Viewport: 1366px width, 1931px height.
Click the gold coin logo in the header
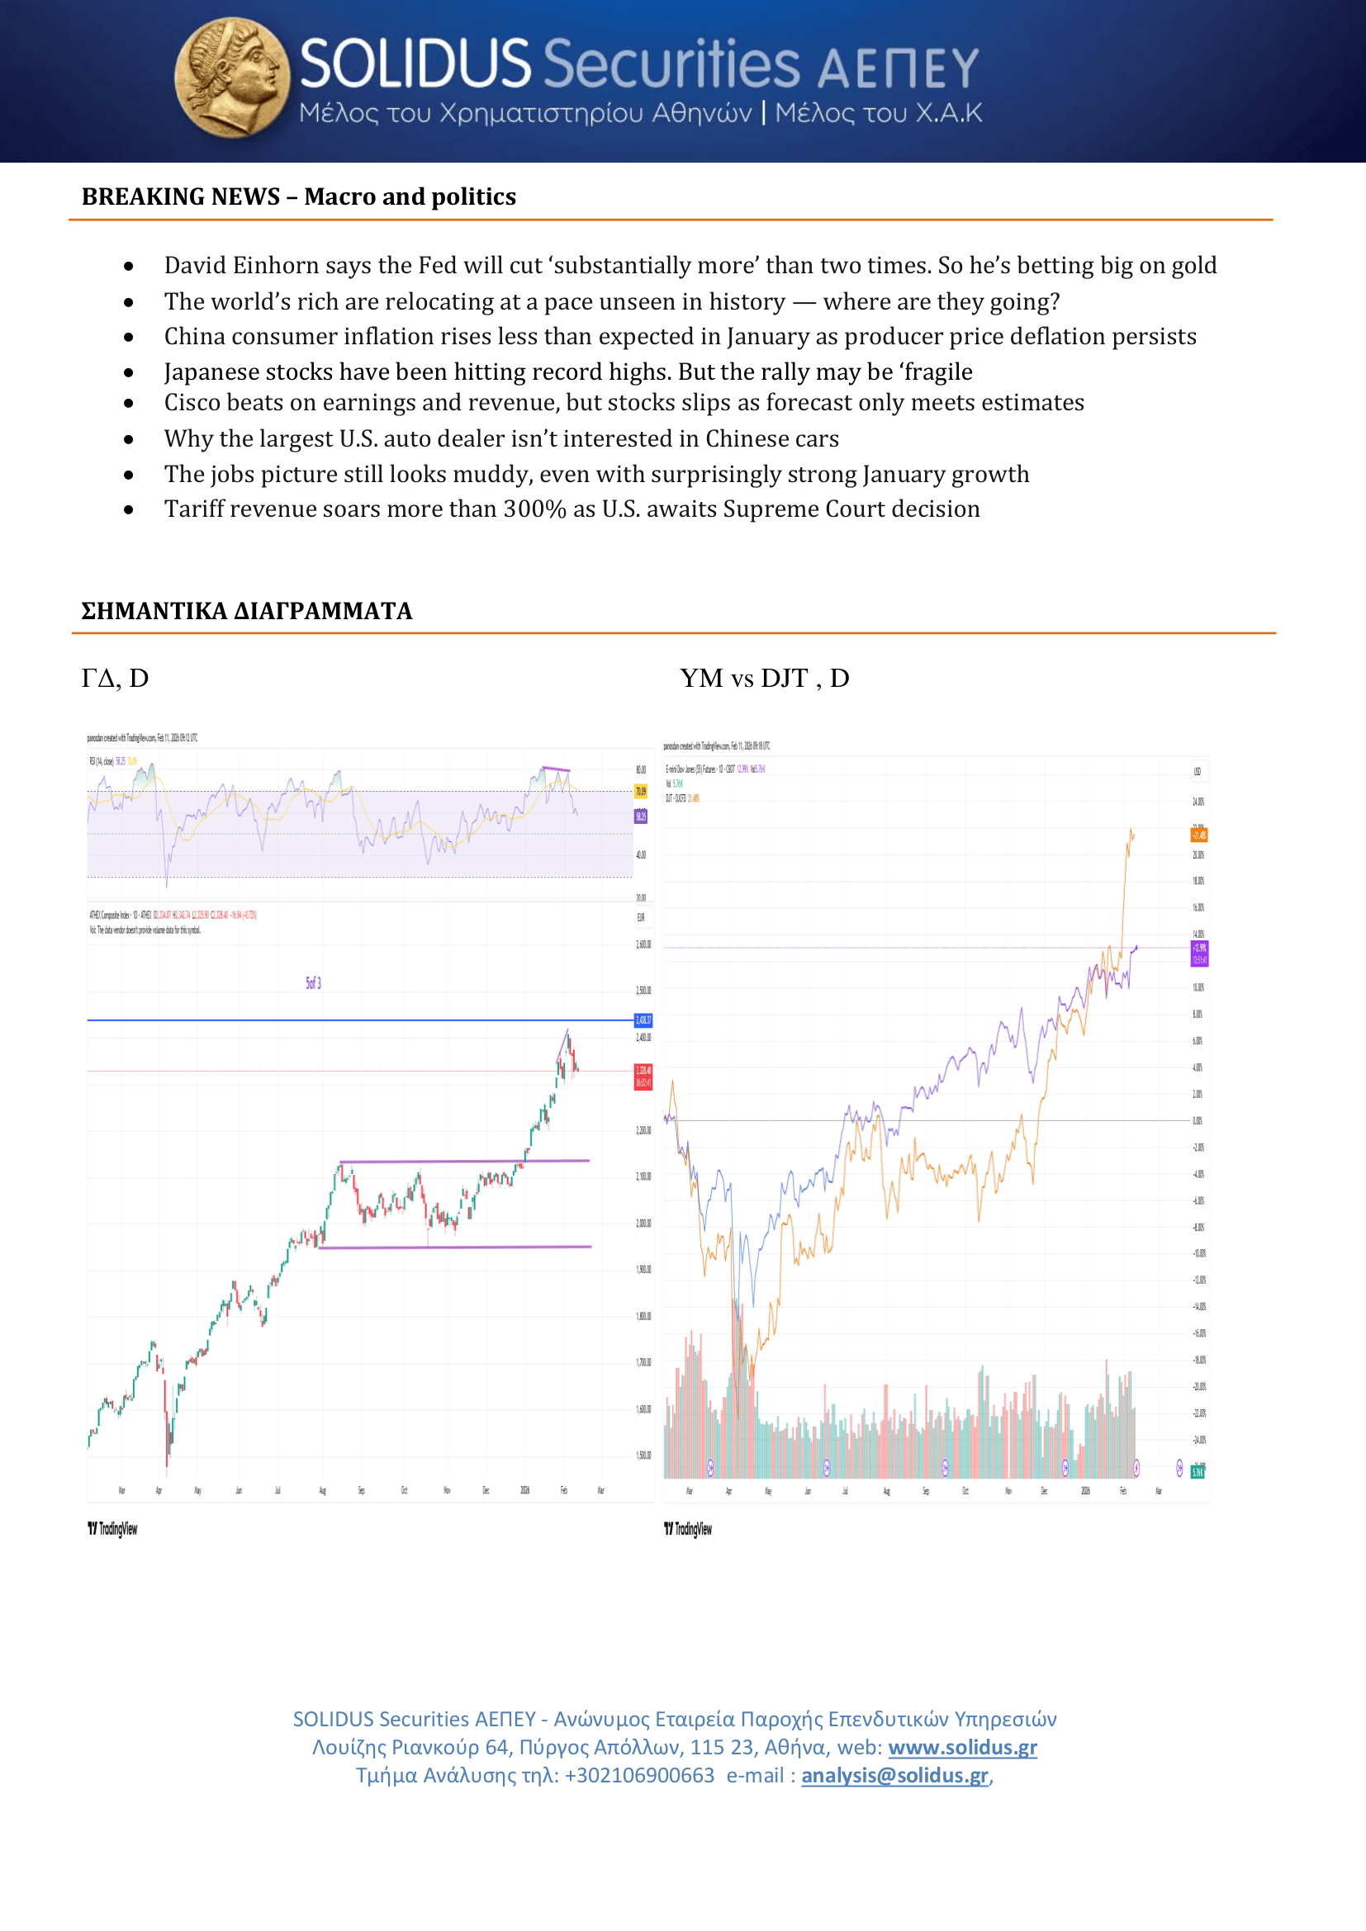point(232,78)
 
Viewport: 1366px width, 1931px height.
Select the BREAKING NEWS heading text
point(299,196)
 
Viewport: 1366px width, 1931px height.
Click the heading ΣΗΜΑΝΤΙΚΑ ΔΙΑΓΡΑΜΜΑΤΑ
point(246,612)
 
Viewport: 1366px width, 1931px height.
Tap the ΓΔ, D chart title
point(116,679)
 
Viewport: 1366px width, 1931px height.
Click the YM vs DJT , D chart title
point(764,679)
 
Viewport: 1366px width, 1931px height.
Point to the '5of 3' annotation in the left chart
point(313,983)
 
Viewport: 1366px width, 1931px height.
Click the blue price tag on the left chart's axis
point(643,1020)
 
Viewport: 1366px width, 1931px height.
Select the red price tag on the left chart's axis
point(643,1076)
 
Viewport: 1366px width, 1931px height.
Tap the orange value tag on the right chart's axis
point(1198,835)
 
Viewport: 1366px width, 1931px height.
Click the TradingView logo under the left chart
point(112,1528)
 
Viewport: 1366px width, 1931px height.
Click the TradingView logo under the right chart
point(688,1528)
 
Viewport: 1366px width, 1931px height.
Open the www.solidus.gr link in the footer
point(962,1748)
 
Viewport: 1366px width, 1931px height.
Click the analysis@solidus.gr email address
point(894,1776)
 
